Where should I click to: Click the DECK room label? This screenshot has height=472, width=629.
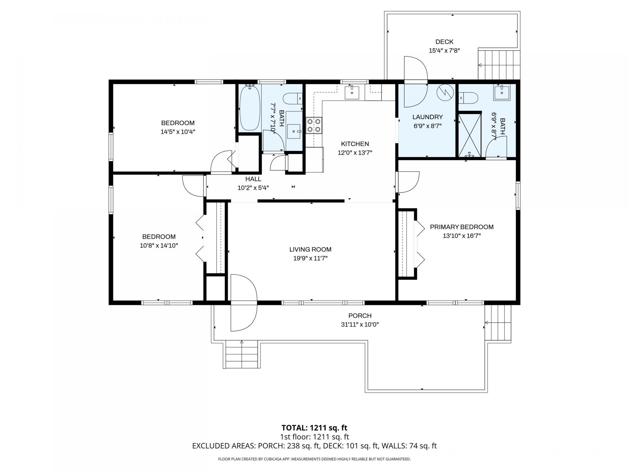pos(444,42)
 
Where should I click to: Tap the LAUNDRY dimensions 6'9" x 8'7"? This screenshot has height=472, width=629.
pos(427,126)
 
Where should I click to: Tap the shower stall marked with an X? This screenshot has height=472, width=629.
pos(469,135)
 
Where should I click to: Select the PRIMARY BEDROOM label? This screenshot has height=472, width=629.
pos(462,227)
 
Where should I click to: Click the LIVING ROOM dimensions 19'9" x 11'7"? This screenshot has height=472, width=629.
pos(310,258)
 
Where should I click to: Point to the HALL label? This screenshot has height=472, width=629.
pos(253,179)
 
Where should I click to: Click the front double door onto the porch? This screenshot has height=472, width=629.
pos(243,303)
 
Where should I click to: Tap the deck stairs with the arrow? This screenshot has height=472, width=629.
pos(499,65)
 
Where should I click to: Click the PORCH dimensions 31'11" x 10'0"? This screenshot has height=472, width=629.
pos(360,325)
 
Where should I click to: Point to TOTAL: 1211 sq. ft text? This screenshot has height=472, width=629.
pos(314,428)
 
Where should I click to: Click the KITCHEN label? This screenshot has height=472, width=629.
pos(355,144)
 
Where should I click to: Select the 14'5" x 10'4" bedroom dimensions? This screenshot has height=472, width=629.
pos(178,132)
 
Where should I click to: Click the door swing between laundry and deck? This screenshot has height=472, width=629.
pos(415,82)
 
